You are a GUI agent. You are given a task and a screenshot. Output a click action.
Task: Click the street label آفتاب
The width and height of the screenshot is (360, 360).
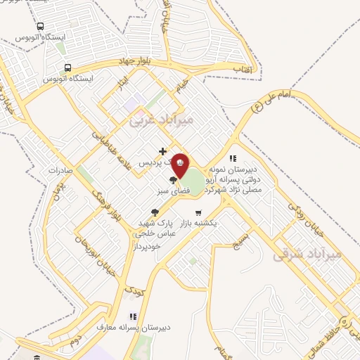[247, 69]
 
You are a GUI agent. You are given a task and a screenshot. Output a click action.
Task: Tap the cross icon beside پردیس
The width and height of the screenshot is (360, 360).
[162, 151]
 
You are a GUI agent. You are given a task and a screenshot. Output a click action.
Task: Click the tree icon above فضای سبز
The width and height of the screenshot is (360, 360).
[173, 181]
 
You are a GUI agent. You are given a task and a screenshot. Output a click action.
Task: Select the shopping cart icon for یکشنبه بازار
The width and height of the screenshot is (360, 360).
[199, 212]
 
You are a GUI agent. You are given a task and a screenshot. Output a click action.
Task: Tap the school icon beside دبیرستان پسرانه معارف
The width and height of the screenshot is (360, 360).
[132, 316]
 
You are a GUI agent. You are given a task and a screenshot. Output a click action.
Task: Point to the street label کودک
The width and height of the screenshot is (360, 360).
[133, 288]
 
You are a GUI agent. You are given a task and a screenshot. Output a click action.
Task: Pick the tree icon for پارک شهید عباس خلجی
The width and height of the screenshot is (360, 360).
[154, 212]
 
